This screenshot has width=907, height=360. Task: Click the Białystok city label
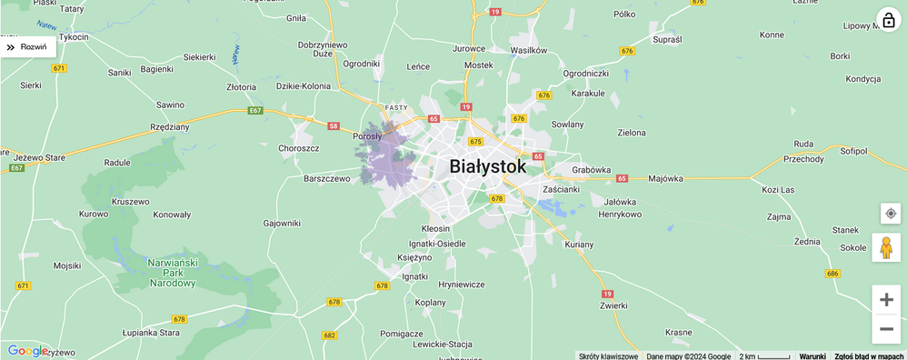[x=487, y=167]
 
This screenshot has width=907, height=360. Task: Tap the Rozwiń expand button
[x=28, y=47]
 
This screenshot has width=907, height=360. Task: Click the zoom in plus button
[x=886, y=300]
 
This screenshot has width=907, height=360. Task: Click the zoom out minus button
[x=886, y=329]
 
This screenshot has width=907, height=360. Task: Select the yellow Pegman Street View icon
[x=886, y=247]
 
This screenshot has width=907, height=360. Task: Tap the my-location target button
[x=890, y=214]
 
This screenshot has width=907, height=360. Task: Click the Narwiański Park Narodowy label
[x=172, y=273]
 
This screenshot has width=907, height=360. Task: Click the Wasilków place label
[x=529, y=50]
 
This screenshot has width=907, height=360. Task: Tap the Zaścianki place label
[x=561, y=189]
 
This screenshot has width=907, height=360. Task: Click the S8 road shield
[x=334, y=126]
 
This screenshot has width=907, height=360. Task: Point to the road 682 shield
[x=329, y=335]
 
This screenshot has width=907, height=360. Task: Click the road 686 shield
[x=832, y=273]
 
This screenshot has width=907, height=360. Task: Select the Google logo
[x=27, y=351]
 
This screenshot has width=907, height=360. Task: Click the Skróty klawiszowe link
[x=608, y=355]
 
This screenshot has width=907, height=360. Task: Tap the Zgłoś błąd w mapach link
[x=870, y=355]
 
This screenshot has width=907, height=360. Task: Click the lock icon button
[x=888, y=20]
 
